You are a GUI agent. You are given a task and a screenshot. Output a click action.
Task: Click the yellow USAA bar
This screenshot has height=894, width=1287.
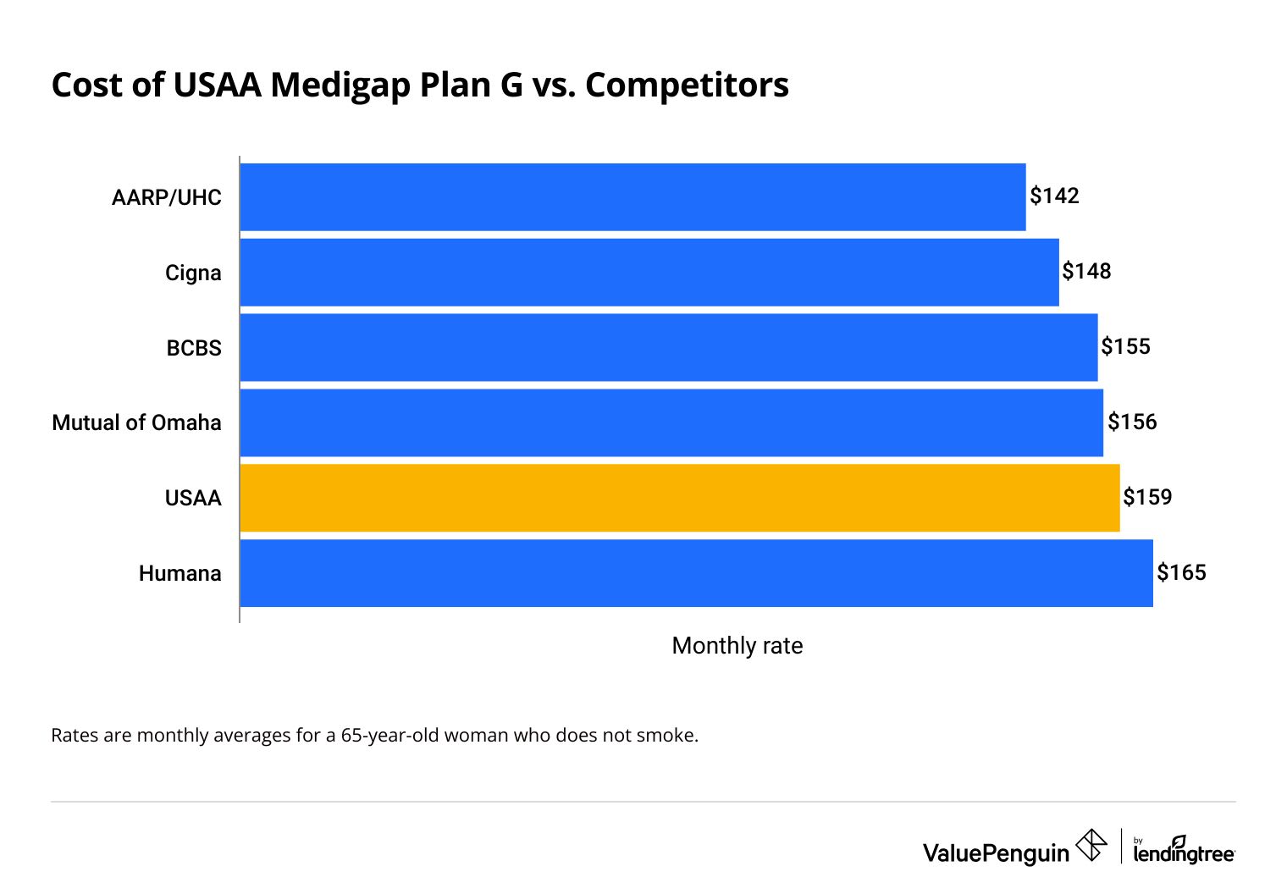pyautogui.click(x=679, y=498)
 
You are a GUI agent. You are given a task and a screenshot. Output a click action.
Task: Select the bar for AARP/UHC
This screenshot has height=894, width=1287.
pyautogui.click(x=632, y=197)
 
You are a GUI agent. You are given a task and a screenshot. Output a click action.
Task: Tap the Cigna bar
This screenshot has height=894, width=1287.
pyautogui.click(x=649, y=273)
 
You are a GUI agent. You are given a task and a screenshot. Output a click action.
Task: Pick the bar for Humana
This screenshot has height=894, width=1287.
pyautogui.click(x=696, y=573)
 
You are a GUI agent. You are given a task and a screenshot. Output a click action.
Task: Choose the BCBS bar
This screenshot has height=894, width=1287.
pyautogui.click(x=669, y=348)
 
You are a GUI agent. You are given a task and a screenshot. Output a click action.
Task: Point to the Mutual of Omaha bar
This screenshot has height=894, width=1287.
pyautogui.click(x=671, y=422)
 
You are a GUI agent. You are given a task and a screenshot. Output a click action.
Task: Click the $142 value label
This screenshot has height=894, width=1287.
pyautogui.click(x=1054, y=196)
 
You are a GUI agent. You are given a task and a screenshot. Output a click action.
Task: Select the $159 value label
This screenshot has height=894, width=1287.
pyautogui.click(x=1147, y=497)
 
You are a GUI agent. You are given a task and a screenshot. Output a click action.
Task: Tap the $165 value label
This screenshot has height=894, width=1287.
pyautogui.click(x=1181, y=573)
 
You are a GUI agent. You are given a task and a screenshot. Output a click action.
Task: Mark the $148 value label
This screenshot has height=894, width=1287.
pyautogui.click(x=1086, y=272)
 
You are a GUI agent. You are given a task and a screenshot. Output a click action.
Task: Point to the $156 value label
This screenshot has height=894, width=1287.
pyautogui.click(x=1132, y=422)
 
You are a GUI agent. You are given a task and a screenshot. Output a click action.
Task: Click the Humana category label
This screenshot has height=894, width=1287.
pyautogui.click(x=180, y=573)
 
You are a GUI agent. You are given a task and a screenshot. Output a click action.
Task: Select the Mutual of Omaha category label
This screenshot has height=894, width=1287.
pyautogui.click(x=136, y=422)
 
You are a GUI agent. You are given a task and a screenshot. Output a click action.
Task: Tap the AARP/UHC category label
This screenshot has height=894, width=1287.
pyautogui.click(x=166, y=197)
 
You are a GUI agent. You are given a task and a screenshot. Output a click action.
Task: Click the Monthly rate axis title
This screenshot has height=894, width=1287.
pyautogui.click(x=737, y=646)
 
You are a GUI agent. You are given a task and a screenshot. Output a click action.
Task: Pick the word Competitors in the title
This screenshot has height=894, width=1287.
pyautogui.click(x=687, y=86)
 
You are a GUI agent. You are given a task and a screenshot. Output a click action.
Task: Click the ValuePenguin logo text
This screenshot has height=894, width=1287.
pyautogui.click(x=996, y=853)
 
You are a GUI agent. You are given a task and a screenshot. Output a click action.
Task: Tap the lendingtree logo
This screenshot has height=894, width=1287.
pyautogui.click(x=1184, y=850)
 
